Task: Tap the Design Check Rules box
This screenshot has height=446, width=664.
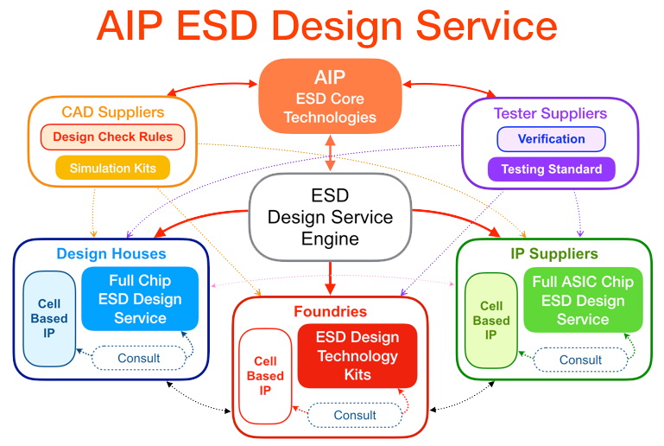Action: click(x=112, y=137)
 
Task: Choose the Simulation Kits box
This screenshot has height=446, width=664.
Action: click(x=112, y=168)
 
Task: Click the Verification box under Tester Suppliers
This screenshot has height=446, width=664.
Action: click(x=551, y=139)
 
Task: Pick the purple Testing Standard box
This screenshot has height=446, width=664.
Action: click(x=551, y=169)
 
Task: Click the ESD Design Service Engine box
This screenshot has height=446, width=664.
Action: click(x=330, y=217)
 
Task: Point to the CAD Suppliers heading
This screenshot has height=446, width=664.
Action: click(x=112, y=112)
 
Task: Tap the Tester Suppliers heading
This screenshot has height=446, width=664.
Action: click(x=550, y=113)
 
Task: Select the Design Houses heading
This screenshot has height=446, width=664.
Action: click(x=111, y=253)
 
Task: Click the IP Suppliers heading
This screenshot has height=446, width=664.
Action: click(x=553, y=254)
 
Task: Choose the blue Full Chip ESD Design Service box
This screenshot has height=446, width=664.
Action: click(x=140, y=299)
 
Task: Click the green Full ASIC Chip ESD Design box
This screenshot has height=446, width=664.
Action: click(x=582, y=300)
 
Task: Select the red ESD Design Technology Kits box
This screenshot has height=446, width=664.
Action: click(x=357, y=356)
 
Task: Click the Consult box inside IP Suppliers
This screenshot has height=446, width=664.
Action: click(x=580, y=360)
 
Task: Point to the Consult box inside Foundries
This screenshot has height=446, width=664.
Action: click(x=355, y=415)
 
